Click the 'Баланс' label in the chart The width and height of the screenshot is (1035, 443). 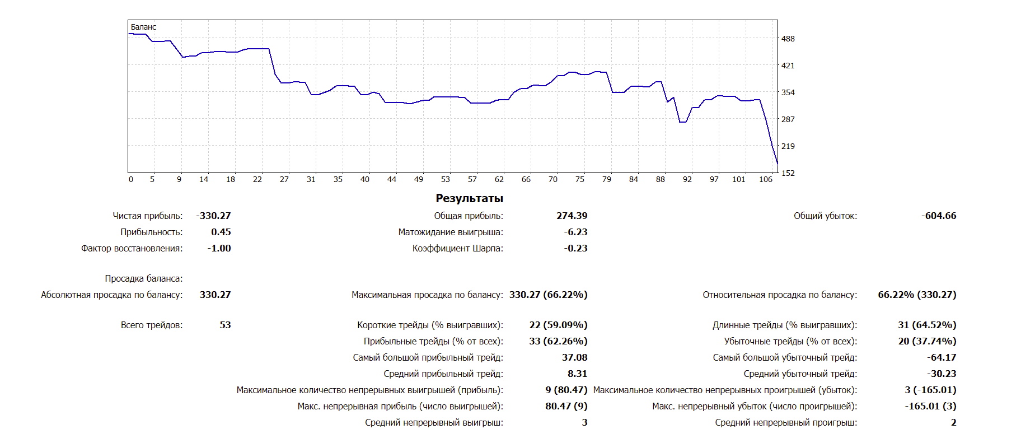coord(143,27)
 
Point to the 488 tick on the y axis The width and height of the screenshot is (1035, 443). coord(788,39)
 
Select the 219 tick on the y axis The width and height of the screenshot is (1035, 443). coord(788,146)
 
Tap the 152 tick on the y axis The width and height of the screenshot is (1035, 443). coord(788,173)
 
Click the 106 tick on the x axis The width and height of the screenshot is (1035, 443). coord(765,179)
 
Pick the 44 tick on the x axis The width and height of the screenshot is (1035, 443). coord(392,179)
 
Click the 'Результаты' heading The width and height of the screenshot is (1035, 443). coord(469,198)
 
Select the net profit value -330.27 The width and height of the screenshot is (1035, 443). coord(213,216)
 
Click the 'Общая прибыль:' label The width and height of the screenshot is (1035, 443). coord(468,216)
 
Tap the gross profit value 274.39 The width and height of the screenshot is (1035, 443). coord(572,216)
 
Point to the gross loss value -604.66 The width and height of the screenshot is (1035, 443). coord(939,216)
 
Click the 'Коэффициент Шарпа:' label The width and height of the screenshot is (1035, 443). coord(457,248)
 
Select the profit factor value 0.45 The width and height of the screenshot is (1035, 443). coord(221,232)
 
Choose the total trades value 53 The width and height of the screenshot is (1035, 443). coord(225,325)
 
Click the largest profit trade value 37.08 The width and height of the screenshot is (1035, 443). coord(574,357)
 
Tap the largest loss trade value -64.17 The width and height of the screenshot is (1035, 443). coord(942,357)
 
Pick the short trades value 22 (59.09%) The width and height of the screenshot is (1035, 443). coord(558,325)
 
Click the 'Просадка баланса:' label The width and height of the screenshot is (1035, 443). coord(143,278)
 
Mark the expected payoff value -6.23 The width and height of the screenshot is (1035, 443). coord(575,232)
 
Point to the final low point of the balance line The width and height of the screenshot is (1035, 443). coord(777,163)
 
